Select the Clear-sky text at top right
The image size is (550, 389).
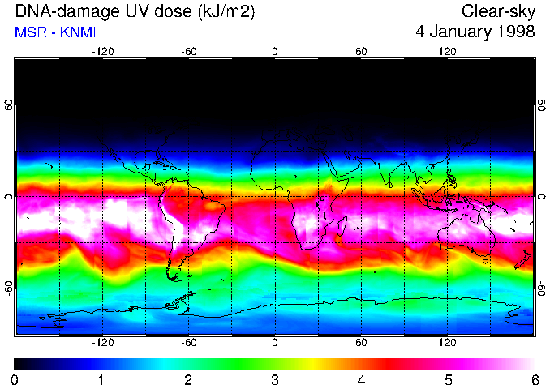[498, 12]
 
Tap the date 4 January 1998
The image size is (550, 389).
[475, 32]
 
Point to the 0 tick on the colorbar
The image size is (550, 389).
[15, 379]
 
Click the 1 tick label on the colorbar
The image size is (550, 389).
[101, 379]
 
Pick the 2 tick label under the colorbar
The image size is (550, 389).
[188, 379]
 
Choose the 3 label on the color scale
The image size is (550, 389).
[275, 379]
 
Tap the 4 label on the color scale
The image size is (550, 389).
[361, 379]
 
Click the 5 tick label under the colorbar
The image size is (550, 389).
[448, 379]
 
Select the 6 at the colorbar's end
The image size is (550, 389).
[534, 379]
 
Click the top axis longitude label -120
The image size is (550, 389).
[102, 51]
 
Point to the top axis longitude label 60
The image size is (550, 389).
[361, 51]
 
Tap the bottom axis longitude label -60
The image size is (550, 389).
[188, 343]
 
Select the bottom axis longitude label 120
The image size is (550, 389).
[448, 343]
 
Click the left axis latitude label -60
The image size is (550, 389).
[9, 288]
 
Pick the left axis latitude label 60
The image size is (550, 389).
[9, 105]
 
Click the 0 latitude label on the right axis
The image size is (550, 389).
[542, 197]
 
